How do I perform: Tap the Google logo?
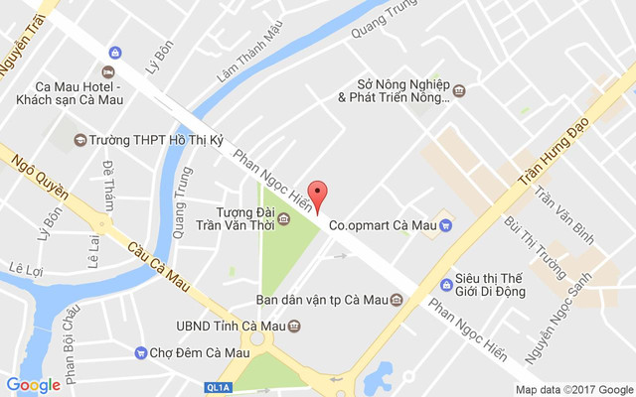point(33,385)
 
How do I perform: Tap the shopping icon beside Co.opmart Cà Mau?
point(446,225)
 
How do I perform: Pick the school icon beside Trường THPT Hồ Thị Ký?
point(79,140)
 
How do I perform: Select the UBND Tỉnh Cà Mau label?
point(225,326)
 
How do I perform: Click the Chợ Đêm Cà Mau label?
point(199,352)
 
